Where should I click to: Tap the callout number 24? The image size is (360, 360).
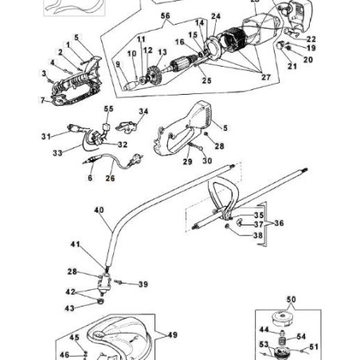pyautogui.click(x=215, y=16)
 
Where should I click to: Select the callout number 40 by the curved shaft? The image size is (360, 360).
pyautogui.click(x=99, y=210)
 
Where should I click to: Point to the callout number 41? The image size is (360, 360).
pyautogui.click(x=75, y=244)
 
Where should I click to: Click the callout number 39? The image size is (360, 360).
pyautogui.click(x=143, y=284)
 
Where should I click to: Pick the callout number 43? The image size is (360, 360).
pyautogui.click(x=70, y=307)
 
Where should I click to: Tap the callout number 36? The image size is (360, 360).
pyautogui.click(x=279, y=224)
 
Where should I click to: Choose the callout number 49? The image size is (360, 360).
pyautogui.click(x=172, y=335)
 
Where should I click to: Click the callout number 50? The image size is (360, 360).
pyautogui.click(x=291, y=299)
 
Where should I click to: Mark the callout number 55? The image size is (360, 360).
pyautogui.click(x=109, y=109)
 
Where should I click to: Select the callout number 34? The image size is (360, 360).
pyautogui.click(x=143, y=112)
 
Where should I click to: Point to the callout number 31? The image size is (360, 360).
pyautogui.click(x=46, y=135)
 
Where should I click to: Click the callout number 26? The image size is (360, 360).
pyautogui.click(x=110, y=178)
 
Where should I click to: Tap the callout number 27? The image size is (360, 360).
pyautogui.click(x=266, y=77)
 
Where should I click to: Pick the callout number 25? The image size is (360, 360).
pyautogui.click(x=206, y=80)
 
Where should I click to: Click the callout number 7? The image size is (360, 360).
pyautogui.click(x=42, y=100)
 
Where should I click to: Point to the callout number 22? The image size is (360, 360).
pyautogui.click(x=311, y=39)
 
